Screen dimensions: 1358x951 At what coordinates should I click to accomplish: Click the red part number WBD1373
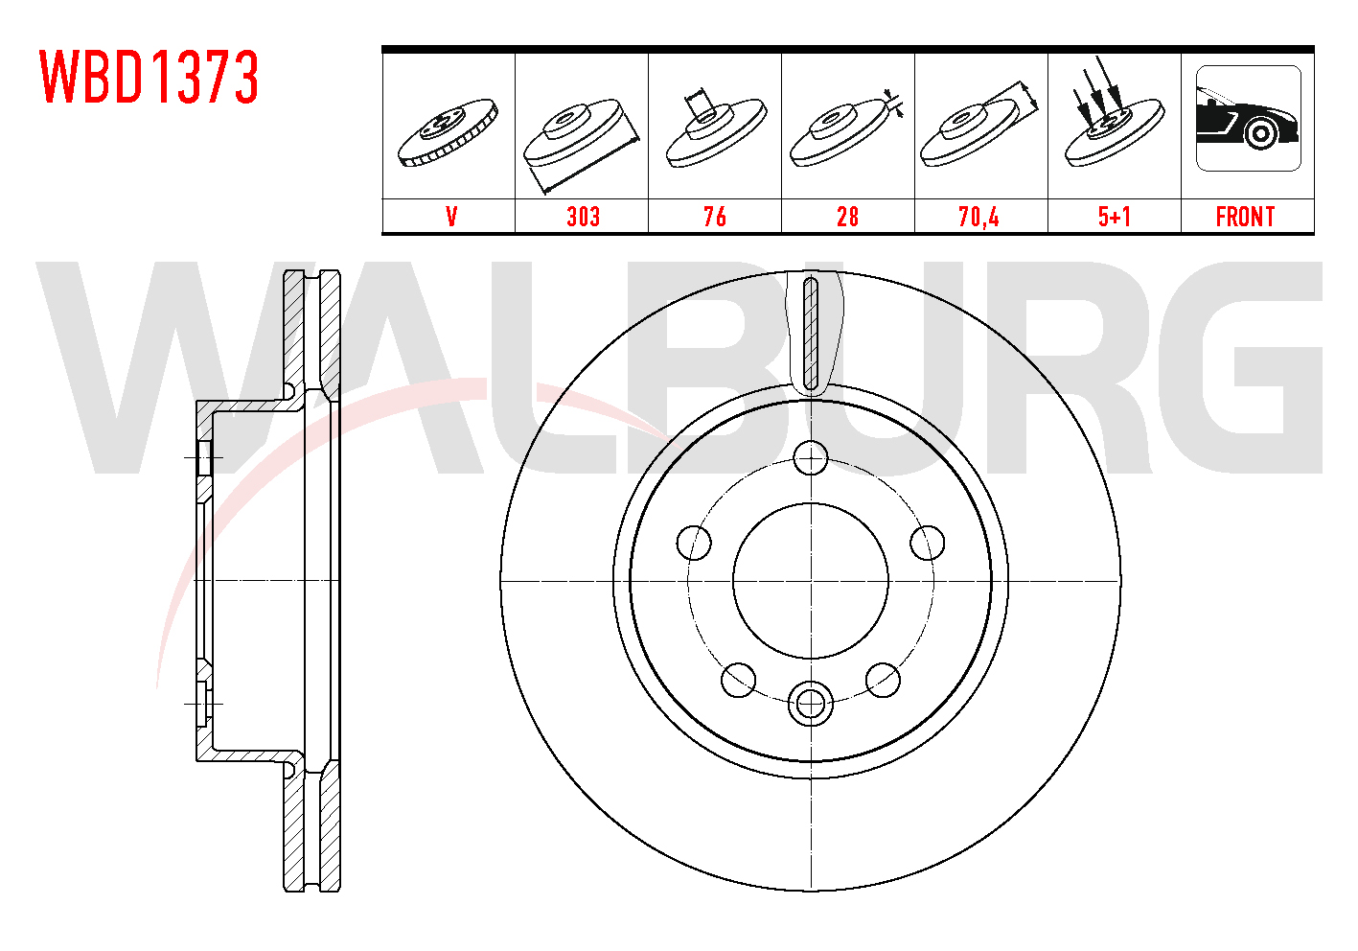pos(150,77)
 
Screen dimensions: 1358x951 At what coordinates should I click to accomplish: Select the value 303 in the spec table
pos(583,217)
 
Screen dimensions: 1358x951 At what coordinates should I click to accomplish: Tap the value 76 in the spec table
pos(715,217)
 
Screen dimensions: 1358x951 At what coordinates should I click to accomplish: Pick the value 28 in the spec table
pos(847,217)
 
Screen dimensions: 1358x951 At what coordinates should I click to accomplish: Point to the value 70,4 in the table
pos(978,217)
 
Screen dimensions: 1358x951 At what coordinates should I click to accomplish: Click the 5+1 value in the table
pos(1115,217)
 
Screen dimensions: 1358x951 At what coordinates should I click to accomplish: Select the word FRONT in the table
pos(1245,217)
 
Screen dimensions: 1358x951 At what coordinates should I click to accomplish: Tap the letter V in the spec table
pos(451,217)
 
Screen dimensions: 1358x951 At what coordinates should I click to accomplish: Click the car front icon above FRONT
pos(1249,118)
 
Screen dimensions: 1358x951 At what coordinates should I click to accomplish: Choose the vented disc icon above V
pos(448,132)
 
